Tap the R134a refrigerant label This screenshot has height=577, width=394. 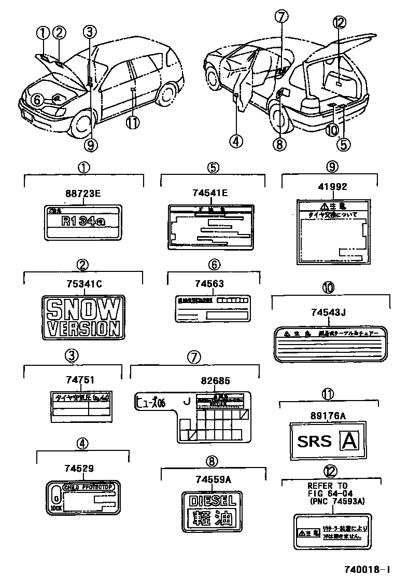point(83,222)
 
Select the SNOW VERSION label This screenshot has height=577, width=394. point(83,317)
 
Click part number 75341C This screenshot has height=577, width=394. point(83,283)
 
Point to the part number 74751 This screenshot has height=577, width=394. point(80,380)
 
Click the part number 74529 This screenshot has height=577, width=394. point(79,469)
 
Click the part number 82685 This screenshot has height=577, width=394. point(213,381)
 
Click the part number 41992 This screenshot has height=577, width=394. point(332,187)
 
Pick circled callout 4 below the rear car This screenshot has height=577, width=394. point(236,140)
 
